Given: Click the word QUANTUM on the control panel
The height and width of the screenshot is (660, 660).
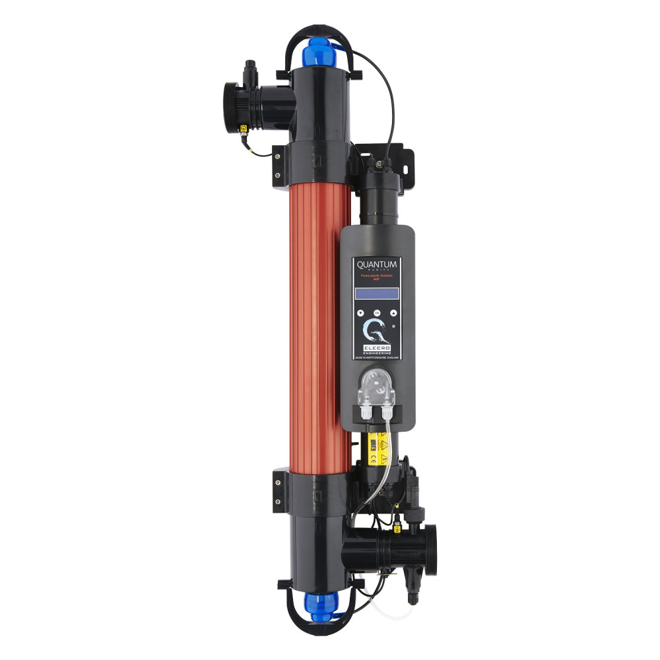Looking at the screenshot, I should point(377,265).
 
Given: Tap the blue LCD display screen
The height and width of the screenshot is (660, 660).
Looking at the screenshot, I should point(377,294).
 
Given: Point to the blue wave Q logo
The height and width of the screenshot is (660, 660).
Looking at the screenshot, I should point(374,329).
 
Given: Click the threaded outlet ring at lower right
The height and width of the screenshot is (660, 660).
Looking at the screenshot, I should point(431,545).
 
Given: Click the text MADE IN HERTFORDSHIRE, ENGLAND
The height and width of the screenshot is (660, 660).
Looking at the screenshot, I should point(377,356).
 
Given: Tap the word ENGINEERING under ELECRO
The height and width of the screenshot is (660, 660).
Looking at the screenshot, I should point(377,352).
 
